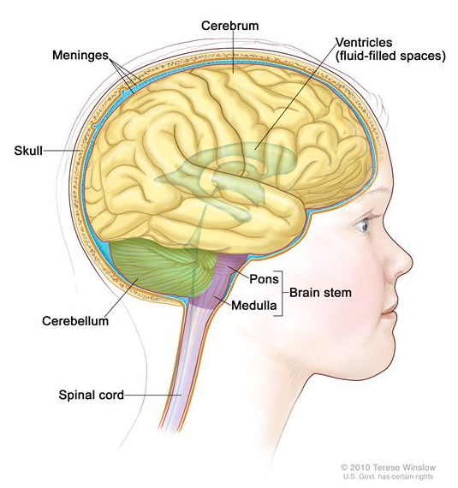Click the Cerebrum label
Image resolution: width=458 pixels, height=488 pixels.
point(230,26)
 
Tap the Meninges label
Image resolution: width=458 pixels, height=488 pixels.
point(80,55)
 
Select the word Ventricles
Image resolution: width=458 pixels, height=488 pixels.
point(364,42)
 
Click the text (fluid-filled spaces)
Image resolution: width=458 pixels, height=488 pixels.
point(390,56)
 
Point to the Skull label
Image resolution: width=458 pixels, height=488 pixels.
point(28,151)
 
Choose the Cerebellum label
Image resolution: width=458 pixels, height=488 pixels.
point(75,321)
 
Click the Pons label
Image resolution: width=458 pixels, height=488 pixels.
point(264,279)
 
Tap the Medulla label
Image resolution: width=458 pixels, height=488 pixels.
point(254,306)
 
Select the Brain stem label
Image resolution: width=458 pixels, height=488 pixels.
point(320,293)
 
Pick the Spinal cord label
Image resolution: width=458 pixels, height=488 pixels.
point(92,395)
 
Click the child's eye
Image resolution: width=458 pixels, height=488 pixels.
point(362,224)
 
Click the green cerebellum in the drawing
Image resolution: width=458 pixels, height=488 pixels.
point(162,268)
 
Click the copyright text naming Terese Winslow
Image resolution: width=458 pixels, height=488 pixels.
point(388,467)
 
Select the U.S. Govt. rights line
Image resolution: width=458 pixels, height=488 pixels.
point(388,477)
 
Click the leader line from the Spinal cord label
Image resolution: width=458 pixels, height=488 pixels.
point(153,396)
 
